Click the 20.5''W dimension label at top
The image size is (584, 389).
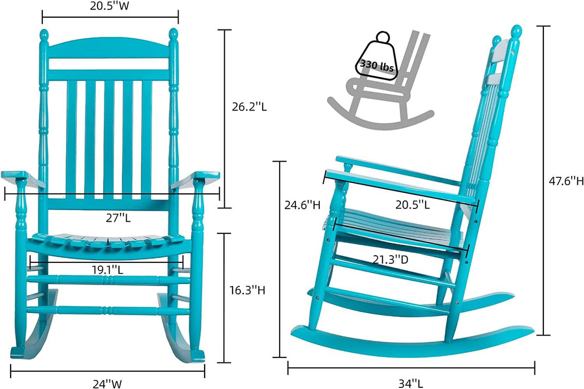coord(110,7)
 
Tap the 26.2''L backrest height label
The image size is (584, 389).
coord(249,107)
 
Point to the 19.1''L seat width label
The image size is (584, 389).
coord(107,270)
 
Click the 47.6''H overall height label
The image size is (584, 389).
coord(564,181)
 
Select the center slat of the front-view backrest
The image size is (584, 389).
coord(109,139)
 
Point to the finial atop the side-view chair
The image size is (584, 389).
coord(516,32)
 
